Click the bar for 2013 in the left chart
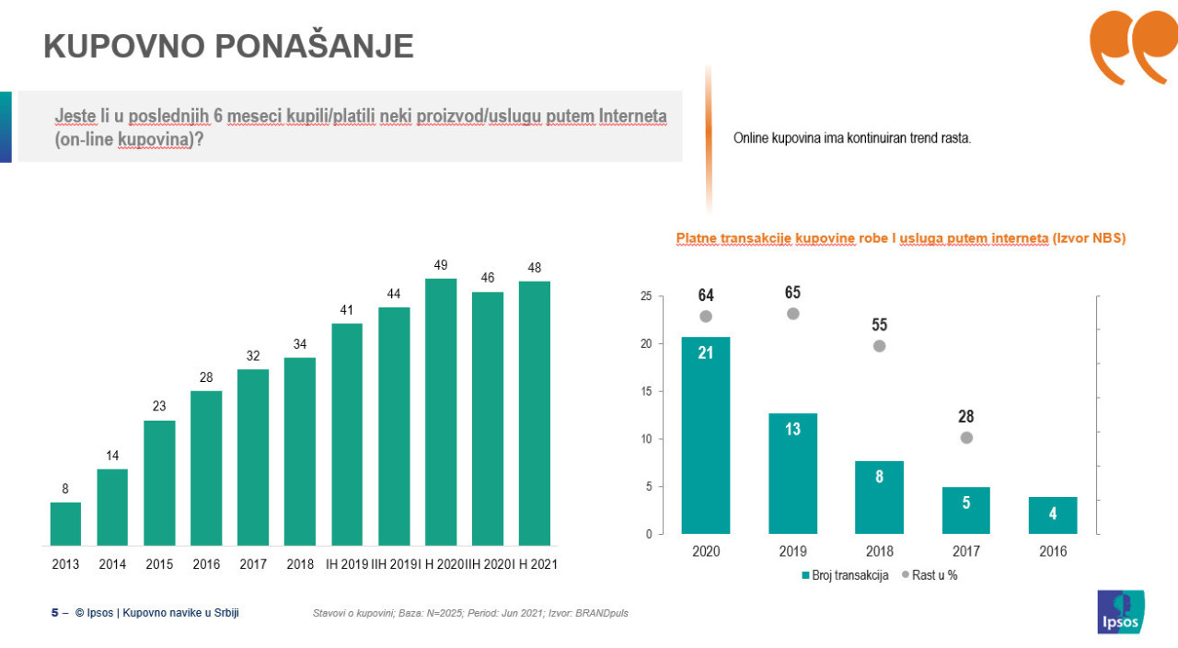(65, 524)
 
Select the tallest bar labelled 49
(441, 411)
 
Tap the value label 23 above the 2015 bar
(159, 407)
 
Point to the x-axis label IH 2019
(347, 564)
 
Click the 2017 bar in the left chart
(253, 457)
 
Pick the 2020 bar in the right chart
(706, 435)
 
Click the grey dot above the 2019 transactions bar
(793, 314)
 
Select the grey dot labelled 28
(966, 438)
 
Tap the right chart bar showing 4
(1053, 515)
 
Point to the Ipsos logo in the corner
(1121, 612)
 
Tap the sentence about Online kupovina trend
(852, 138)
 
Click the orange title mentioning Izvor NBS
(901, 238)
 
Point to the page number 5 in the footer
(54, 612)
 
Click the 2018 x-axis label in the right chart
(879, 551)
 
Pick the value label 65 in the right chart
(793, 293)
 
